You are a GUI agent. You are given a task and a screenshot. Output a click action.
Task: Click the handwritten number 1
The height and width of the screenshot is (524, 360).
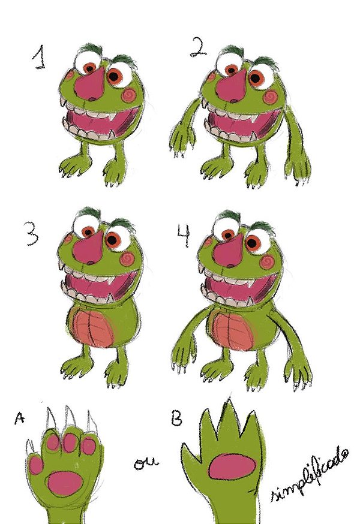click(40, 58)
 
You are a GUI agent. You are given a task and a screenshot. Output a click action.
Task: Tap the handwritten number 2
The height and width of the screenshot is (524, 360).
click(198, 47)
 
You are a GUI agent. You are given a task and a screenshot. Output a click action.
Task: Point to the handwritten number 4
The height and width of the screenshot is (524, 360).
click(184, 236)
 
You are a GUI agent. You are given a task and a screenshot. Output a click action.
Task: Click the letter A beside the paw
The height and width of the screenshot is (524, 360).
click(20, 418)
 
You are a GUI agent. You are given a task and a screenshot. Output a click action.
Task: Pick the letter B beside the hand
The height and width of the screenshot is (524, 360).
click(177, 418)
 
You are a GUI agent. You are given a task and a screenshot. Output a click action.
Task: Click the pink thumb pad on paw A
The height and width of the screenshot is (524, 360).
click(35, 465)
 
